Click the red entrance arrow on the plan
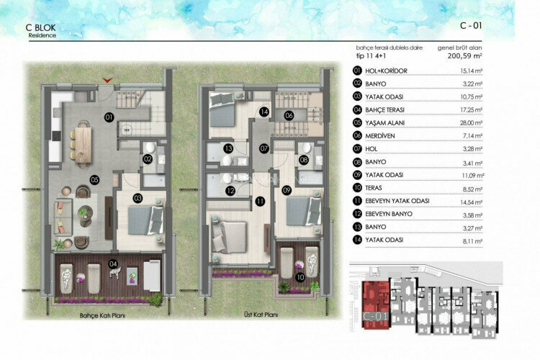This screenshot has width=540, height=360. click(x=108, y=80)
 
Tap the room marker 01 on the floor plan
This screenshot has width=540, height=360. click(x=109, y=116)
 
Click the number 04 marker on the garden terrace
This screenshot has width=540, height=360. click(x=112, y=264)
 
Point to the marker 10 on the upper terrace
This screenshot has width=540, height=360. click(x=300, y=275)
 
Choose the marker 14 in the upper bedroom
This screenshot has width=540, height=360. click(x=264, y=112)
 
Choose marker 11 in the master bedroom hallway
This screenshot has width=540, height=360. click(x=258, y=202)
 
